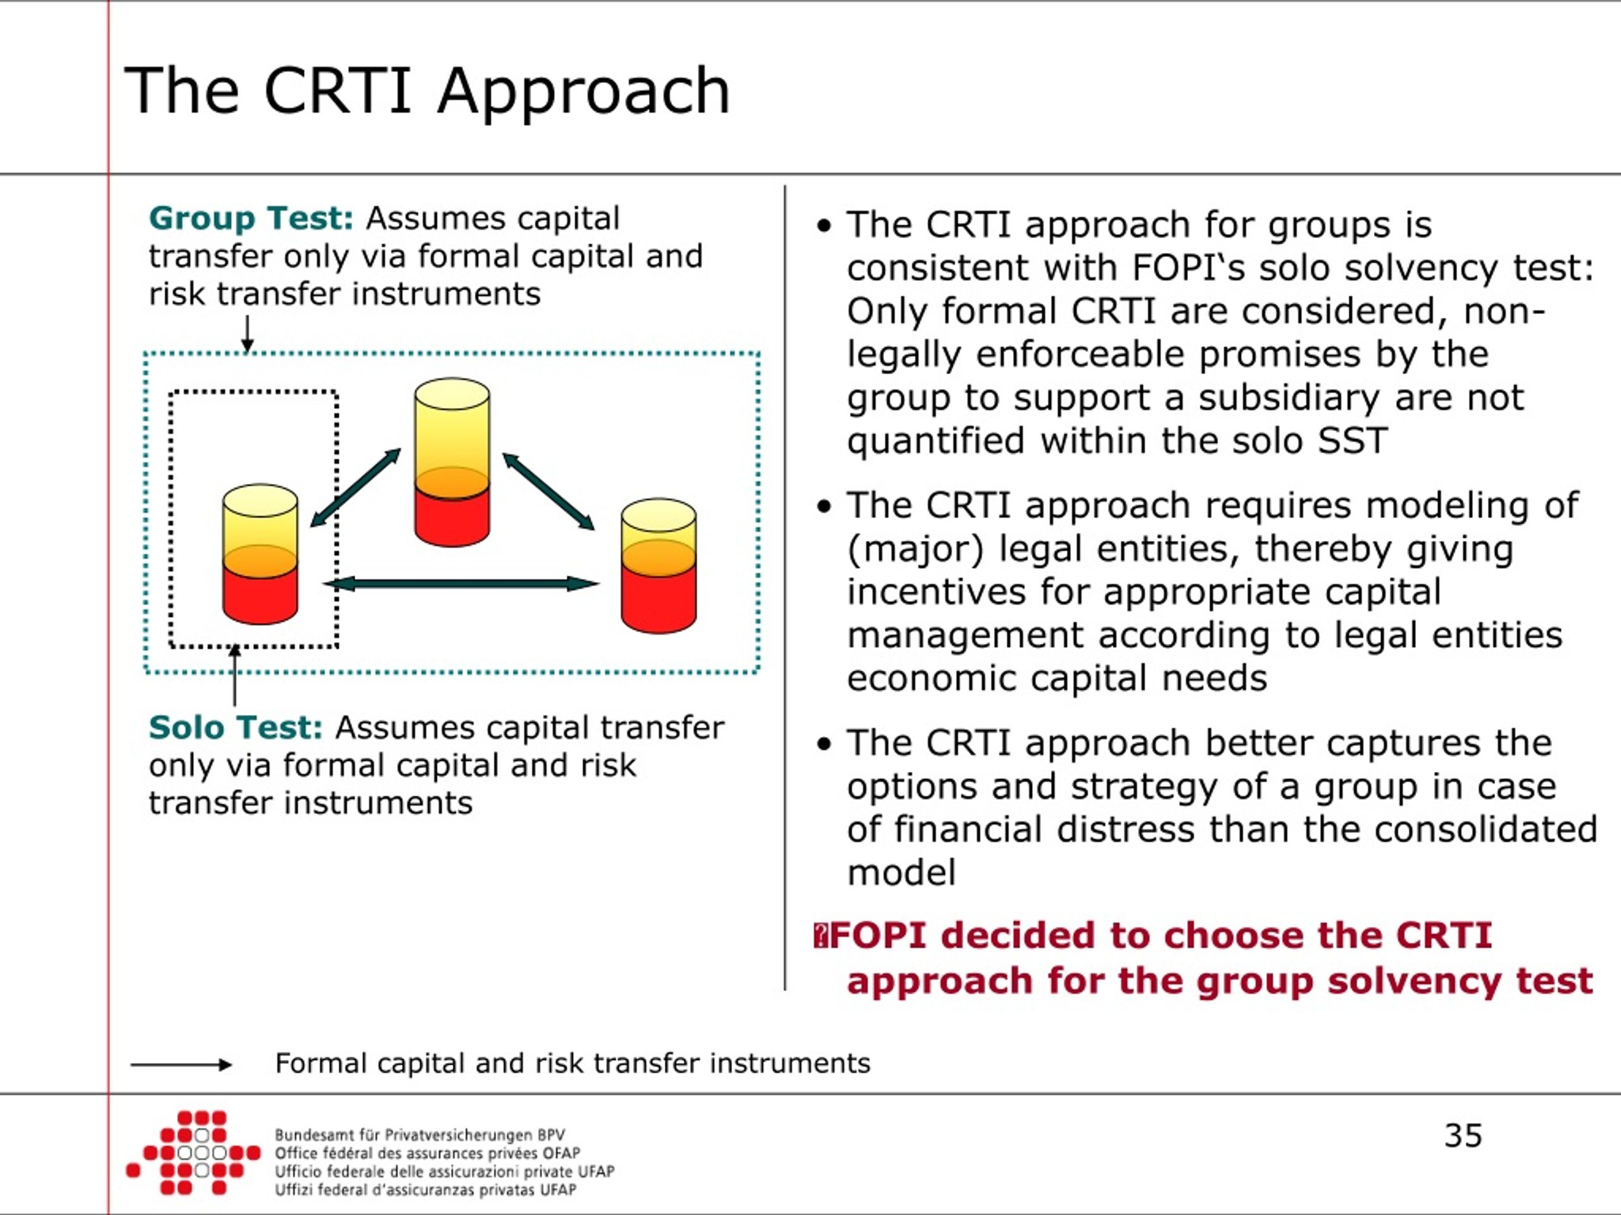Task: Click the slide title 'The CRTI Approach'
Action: (427, 92)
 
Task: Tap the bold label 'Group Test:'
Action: (251, 218)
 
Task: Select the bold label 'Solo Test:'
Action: (236, 727)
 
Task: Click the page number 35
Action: (1463, 1136)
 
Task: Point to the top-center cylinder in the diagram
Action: (452, 462)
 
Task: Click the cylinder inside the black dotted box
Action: (260, 554)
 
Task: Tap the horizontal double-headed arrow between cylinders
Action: (462, 583)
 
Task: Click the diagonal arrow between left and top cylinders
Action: (356, 487)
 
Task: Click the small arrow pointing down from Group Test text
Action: (248, 334)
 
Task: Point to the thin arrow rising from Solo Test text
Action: (234, 675)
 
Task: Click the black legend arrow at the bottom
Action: (181, 1065)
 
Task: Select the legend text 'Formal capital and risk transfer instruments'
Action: (572, 1063)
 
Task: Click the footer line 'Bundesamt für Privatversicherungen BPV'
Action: (420, 1135)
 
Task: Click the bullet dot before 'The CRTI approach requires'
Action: (824, 506)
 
